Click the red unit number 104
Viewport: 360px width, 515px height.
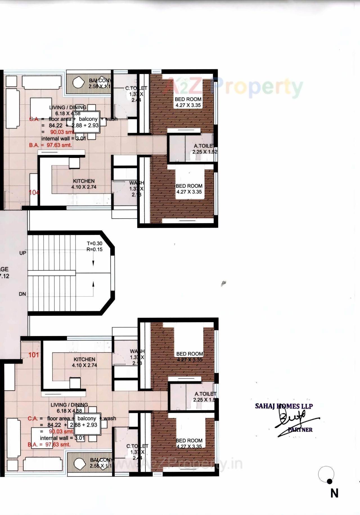tap(34, 192)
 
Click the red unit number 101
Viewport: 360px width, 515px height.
tap(34, 355)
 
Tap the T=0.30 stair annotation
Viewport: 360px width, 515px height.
tap(94, 243)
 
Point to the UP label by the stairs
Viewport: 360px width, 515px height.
tap(23, 253)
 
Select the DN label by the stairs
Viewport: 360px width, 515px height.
tap(22, 294)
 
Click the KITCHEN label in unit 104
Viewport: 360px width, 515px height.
tap(84, 181)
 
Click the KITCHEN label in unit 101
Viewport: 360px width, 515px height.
tap(84, 359)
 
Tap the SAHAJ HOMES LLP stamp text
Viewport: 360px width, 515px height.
tap(284, 406)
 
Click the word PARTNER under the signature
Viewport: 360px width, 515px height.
tap(300, 430)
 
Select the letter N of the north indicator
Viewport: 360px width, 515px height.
tap(334, 493)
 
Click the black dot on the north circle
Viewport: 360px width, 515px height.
tap(330, 482)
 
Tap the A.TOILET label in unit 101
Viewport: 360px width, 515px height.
tap(205, 394)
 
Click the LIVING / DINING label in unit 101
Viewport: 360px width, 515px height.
tap(69, 405)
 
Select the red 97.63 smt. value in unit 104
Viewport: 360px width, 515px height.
tap(59, 145)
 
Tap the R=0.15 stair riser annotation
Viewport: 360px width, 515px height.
tap(94, 249)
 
